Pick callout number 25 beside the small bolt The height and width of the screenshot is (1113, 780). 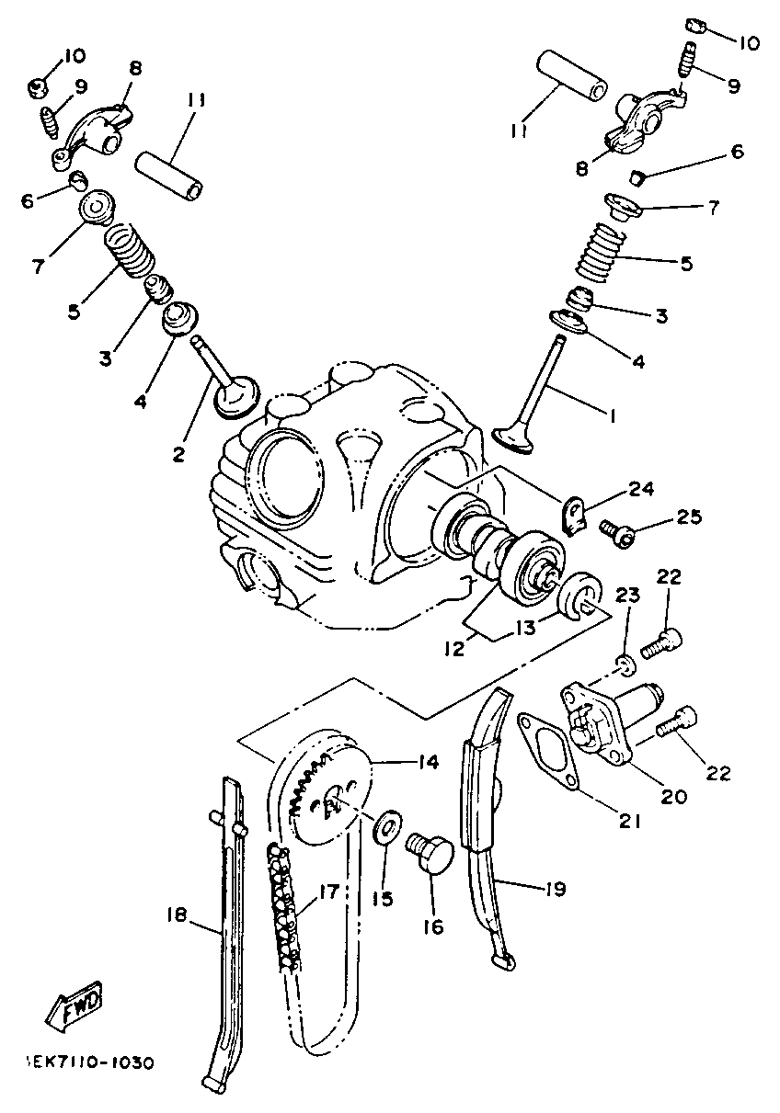[x=689, y=518]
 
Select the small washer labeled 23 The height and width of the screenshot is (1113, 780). [x=624, y=664]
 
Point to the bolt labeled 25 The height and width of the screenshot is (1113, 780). [x=612, y=531]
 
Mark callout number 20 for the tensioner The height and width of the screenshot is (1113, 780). [x=674, y=796]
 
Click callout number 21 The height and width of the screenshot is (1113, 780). [x=629, y=821]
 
